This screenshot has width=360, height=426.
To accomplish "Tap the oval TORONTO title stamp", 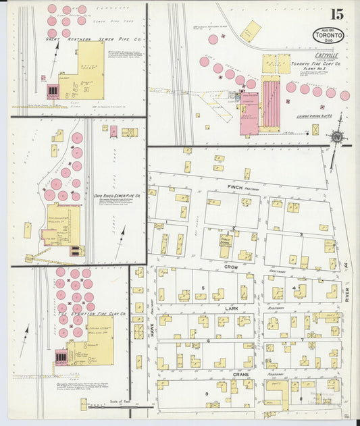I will pyautogui.click(x=328, y=34).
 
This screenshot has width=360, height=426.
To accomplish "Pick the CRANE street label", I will pyautogui.click(x=241, y=373).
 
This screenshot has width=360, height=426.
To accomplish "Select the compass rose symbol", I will pyautogui.click(x=336, y=136).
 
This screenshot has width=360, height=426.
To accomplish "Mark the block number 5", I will pyautogui.click(x=203, y=288).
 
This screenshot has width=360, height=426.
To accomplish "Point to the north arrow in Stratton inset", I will pyautogui.click(x=25, y=333).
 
